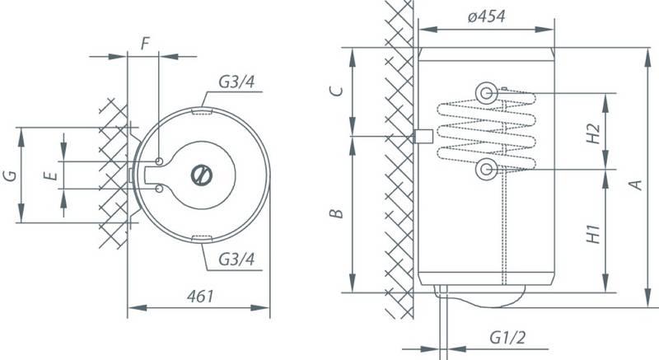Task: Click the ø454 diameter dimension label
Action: (x=486, y=16)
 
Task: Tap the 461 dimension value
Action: (x=200, y=297)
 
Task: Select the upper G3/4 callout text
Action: (x=236, y=82)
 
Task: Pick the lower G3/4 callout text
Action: (x=236, y=259)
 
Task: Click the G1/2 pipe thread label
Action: (x=507, y=337)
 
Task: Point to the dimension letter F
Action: (x=145, y=44)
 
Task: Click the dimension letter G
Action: (x=11, y=175)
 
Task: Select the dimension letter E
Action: (x=51, y=175)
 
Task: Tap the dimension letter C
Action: (x=336, y=91)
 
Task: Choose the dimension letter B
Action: (x=336, y=214)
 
